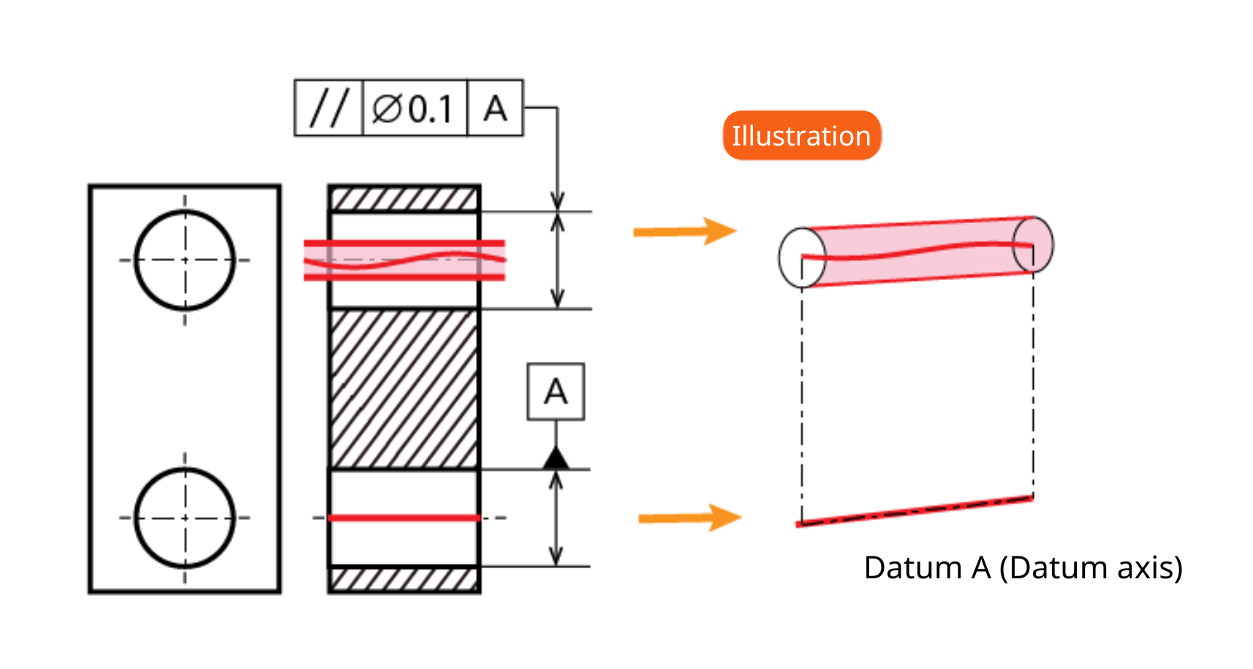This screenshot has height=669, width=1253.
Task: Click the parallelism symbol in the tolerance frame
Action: pyautogui.click(x=330, y=107)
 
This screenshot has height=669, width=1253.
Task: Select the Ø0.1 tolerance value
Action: pyautogui.click(x=412, y=108)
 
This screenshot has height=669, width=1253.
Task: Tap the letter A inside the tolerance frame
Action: pyautogui.click(x=495, y=108)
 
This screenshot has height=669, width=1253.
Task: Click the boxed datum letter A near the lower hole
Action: pyautogui.click(x=556, y=392)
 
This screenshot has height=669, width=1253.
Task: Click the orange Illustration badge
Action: pyautogui.click(x=802, y=135)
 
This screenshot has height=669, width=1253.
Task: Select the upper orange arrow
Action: pyautogui.click(x=685, y=231)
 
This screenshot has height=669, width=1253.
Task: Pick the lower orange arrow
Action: pyautogui.click(x=690, y=518)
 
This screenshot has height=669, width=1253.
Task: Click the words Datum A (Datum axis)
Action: pyautogui.click(x=1023, y=568)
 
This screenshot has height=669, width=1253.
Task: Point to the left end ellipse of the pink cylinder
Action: pyautogui.click(x=780, y=257)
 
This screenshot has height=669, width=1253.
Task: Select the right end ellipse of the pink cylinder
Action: pyautogui.click(x=1053, y=244)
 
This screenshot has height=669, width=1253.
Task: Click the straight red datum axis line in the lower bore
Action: pyautogui.click(x=404, y=518)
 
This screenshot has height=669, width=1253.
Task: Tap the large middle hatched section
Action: pyautogui.click(x=404, y=389)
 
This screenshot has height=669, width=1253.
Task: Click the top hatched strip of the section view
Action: pyautogui.click(x=404, y=199)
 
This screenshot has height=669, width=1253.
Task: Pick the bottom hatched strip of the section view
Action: pyautogui.click(x=404, y=580)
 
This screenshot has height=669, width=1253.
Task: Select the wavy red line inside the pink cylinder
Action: pyautogui.click(x=917, y=251)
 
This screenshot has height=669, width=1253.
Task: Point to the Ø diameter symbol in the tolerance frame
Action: pyautogui.click(x=387, y=108)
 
